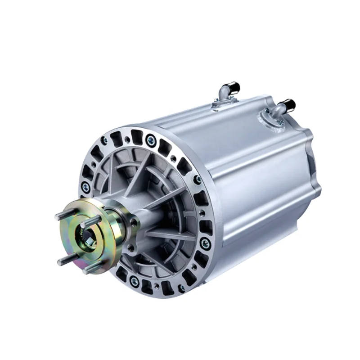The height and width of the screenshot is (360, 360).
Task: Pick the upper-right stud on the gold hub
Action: pyautogui.click(x=92, y=221)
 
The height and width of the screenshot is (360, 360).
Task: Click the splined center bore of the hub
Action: pyautogui.click(x=85, y=237)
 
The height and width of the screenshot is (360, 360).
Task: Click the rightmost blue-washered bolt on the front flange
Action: pyautogui.click(x=205, y=243)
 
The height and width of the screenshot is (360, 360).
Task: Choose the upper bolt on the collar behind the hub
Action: pyautogui.click(x=133, y=221)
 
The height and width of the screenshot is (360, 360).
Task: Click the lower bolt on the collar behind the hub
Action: pyautogui.click(x=130, y=247)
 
